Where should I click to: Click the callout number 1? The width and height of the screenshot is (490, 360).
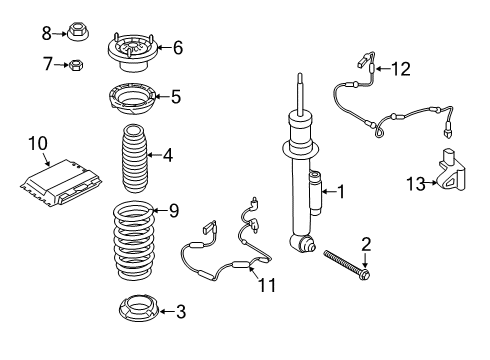tap(341, 190)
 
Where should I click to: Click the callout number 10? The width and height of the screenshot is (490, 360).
tap(36, 144)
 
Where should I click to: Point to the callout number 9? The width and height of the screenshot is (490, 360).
tap(173, 210)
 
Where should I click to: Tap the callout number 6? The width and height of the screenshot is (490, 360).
tap(177, 46)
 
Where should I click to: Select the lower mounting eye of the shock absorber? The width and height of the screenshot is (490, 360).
tap(303, 244)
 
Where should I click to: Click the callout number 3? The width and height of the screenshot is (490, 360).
tap(180, 312)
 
